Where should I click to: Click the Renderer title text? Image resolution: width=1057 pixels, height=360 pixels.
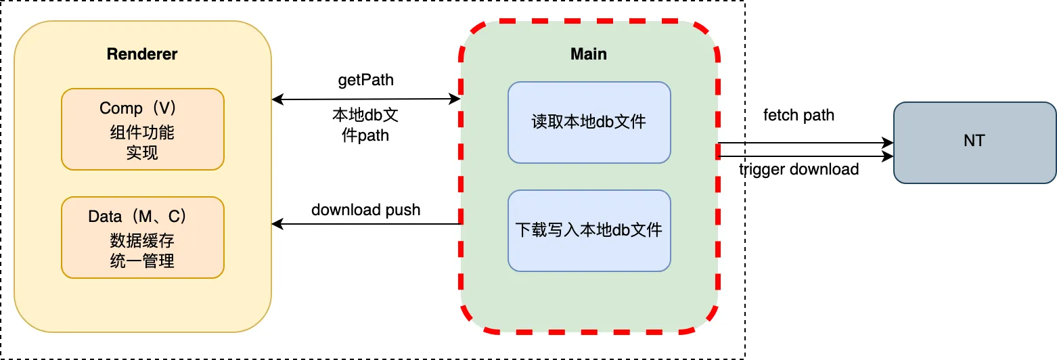pos(142,54)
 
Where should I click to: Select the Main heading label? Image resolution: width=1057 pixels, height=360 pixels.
pos(589,54)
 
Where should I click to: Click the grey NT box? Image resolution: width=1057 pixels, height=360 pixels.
pos(974,142)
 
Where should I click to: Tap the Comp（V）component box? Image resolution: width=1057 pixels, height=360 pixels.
pos(142,129)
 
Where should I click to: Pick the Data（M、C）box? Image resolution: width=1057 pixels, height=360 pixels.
pos(142,237)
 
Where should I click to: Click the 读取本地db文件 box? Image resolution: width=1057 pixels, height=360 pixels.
pos(589,122)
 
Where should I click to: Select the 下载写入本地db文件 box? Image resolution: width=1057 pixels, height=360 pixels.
pos(589,230)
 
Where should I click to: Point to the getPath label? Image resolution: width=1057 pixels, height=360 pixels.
pos(365,80)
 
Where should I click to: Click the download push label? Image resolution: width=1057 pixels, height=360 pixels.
pos(365,210)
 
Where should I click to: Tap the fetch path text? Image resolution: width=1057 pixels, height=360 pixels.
pos(799,115)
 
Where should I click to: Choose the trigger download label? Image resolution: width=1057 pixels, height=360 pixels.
pos(799,169)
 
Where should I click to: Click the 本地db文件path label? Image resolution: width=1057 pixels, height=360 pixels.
pos(365,125)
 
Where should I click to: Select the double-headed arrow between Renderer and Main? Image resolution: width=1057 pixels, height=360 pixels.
pos(365,99)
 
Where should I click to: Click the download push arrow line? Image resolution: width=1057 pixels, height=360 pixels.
pos(365,223)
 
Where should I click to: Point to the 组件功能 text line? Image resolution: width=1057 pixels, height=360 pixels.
pos(142,132)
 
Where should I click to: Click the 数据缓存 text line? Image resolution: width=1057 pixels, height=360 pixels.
pos(142,240)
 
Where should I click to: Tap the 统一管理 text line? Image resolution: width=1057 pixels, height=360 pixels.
pos(142,261)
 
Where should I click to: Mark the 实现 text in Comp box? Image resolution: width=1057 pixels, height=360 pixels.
pos(142,153)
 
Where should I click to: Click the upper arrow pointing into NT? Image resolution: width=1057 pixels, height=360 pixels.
pos(805,143)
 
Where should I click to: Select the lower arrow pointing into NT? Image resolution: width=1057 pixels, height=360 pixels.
pos(805,157)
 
